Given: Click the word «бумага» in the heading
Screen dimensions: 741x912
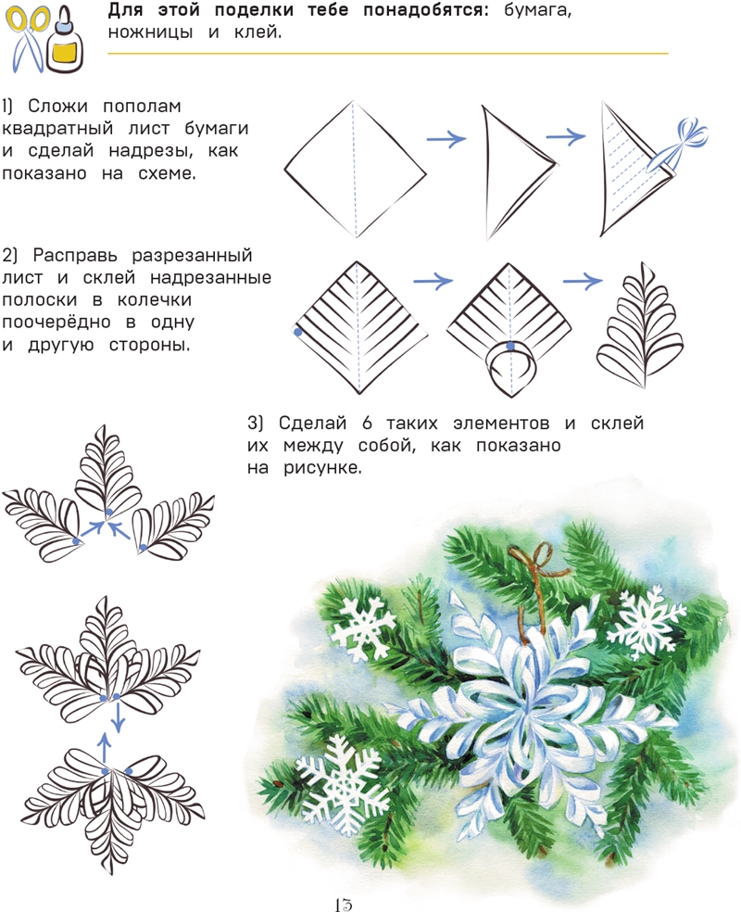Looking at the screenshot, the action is click(537, 10).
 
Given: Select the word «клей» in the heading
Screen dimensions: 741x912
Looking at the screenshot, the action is click(257, 32).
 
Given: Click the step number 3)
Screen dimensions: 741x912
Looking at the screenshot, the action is click(255, 423).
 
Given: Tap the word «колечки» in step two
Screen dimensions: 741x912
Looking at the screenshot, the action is click(154, 300).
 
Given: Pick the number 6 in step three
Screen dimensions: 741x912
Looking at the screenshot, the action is click(367, 423).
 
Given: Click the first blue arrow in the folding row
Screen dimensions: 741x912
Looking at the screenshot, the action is click(446, 138).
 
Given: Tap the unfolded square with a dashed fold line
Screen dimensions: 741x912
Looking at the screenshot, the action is click(355, 170).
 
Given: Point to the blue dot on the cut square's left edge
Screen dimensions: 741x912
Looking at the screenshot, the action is click(298, 332).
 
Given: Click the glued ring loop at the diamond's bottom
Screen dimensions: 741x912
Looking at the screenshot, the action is click(511, 361).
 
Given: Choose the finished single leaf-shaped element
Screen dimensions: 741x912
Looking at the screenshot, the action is click(640, 325).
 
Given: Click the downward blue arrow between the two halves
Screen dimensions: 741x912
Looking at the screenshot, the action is click(118, 718).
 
